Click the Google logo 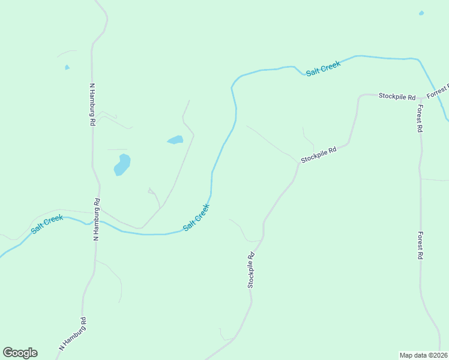[20, 353]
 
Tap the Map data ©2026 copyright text [423, 355]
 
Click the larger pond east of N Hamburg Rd [122, 164]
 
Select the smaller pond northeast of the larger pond [175, 140]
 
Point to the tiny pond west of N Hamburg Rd [67, 67]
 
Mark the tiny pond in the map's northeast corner [421, 13]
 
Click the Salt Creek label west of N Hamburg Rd [47, 224]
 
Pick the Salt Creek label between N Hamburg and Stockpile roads [196, 218]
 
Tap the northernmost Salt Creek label [323, 67]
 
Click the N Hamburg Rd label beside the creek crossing [96, 220]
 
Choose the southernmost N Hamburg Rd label [73, 334]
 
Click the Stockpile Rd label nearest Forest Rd [397, 97]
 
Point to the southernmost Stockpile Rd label [252, 270]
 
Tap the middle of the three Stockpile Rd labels [318, 155]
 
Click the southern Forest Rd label [421, 245]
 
